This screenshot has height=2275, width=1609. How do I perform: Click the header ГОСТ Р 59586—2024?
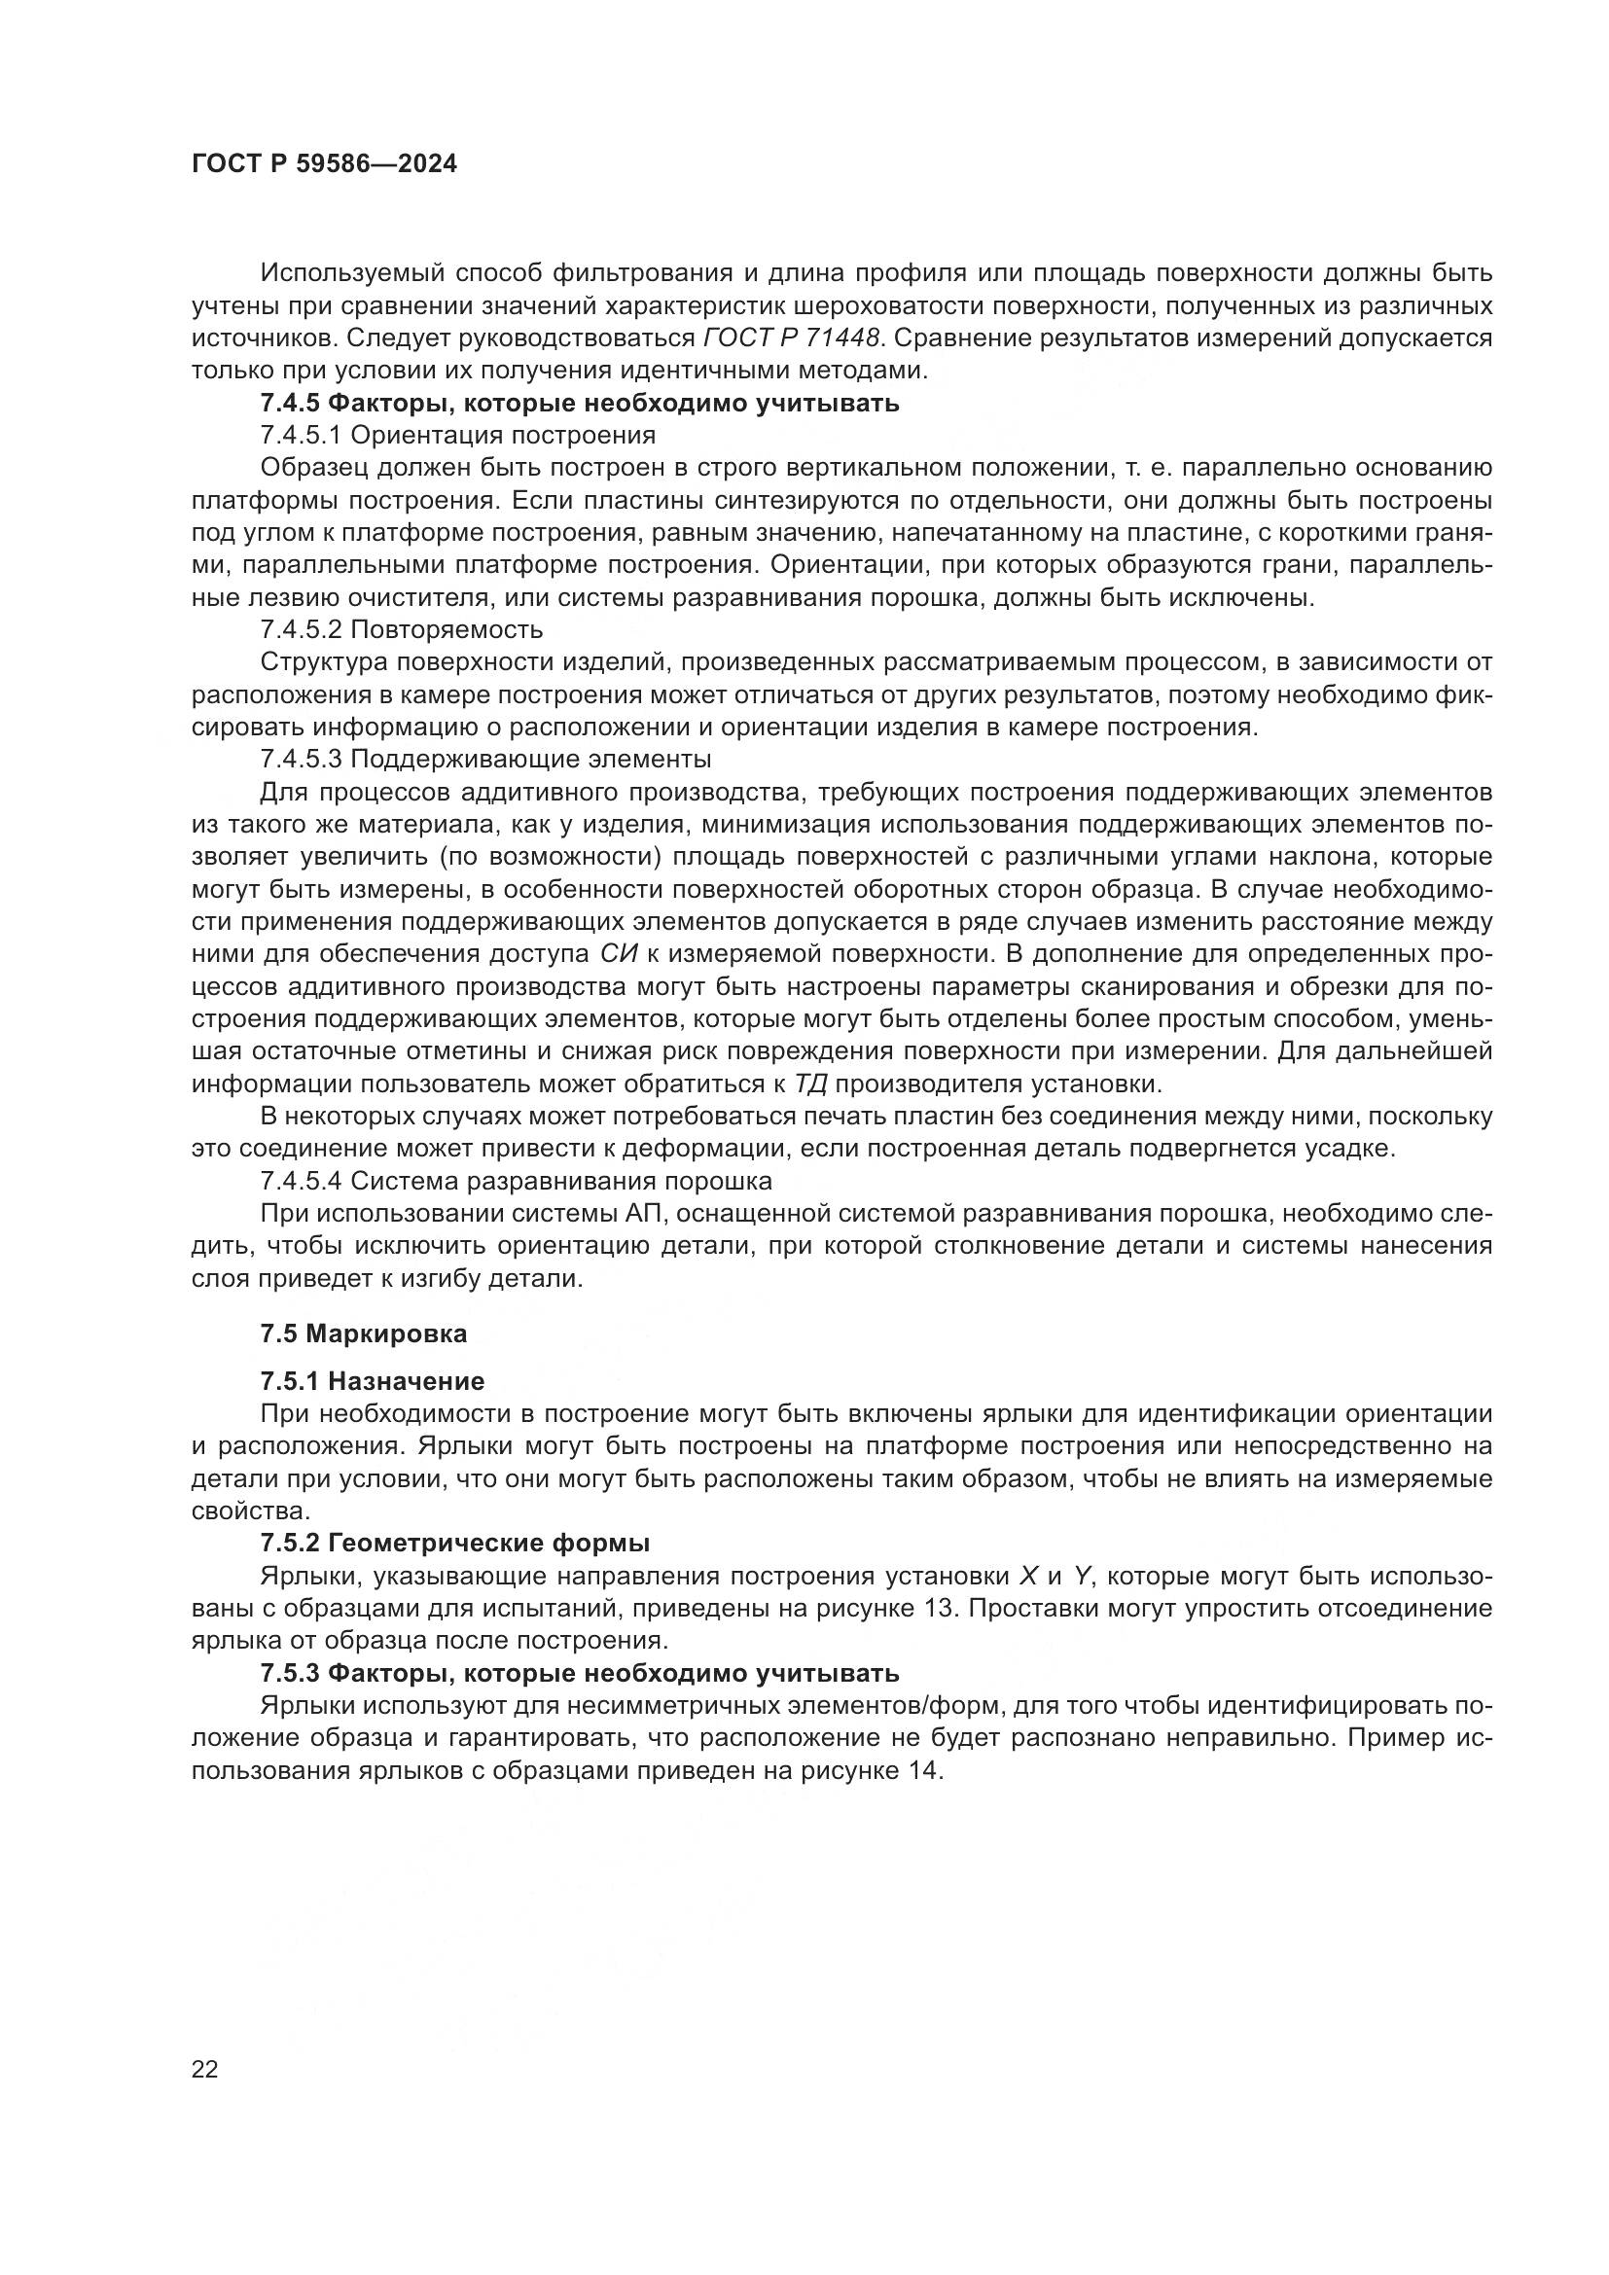point(325,164)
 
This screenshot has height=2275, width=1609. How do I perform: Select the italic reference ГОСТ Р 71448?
point(792,338)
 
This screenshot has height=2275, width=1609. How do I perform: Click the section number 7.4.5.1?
point(302,435)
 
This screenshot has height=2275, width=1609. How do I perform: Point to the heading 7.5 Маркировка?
point(364,1333)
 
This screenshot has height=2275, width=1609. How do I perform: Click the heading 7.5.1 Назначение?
point(373,1381)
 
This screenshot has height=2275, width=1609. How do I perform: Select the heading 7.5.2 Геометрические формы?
point(454,1543)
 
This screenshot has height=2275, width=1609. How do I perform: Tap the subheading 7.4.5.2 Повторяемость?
point(401,629)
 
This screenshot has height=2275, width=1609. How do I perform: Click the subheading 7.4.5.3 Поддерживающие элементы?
point(485,759)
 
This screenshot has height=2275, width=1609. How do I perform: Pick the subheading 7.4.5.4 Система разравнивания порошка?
point(517,1181)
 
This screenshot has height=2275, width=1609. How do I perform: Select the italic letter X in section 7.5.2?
point(1027,1576)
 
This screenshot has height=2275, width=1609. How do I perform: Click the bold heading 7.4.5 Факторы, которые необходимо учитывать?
point(580,404)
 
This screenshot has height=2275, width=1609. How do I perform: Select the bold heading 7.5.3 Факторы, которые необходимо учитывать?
point(580,1674)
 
